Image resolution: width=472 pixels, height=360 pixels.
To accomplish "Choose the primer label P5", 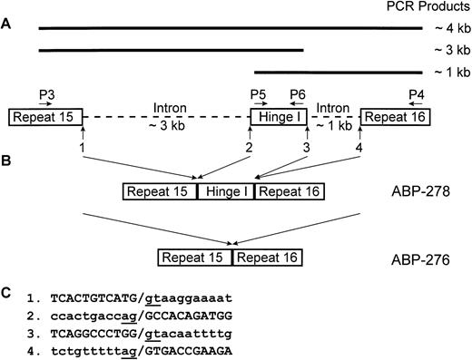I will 258,93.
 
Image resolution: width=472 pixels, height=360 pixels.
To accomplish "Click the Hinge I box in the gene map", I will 276,117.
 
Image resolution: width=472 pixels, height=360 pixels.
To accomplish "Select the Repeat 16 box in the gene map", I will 396,117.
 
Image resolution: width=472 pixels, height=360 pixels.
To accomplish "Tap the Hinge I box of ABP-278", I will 226,192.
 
